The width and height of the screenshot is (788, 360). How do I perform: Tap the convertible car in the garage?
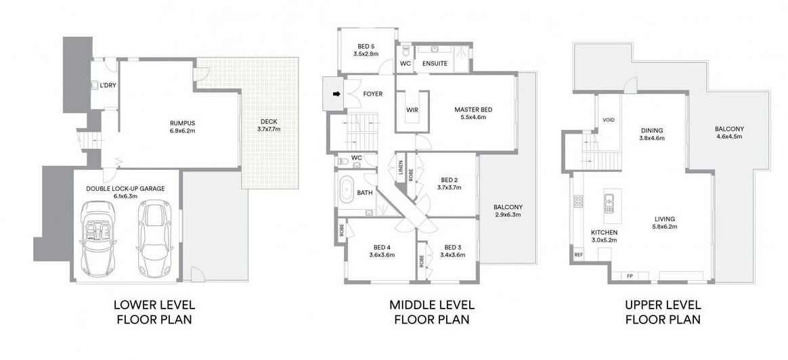[98, 238]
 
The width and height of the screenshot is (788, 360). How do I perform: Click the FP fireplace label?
[630, 275]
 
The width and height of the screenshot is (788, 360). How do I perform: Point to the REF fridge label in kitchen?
[578, 254]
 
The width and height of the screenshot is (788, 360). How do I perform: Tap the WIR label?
[412, 110]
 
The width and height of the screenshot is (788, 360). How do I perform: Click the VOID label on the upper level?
[608, 120]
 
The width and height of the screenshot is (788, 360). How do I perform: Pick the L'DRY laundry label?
[108, 85]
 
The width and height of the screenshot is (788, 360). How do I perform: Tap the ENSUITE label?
[435, 64]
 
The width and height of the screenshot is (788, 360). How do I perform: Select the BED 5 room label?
[366, 46]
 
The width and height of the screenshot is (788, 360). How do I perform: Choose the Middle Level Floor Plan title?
[432, 312]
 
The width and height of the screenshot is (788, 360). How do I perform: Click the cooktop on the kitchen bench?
[578, 202]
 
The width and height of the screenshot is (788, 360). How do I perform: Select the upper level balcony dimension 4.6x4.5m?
[729, 136]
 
